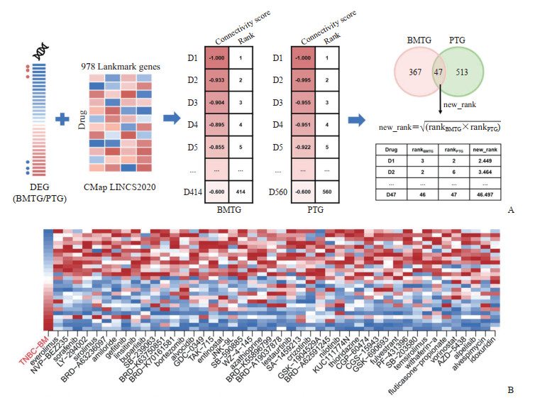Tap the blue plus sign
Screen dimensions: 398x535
pos(68,120)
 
